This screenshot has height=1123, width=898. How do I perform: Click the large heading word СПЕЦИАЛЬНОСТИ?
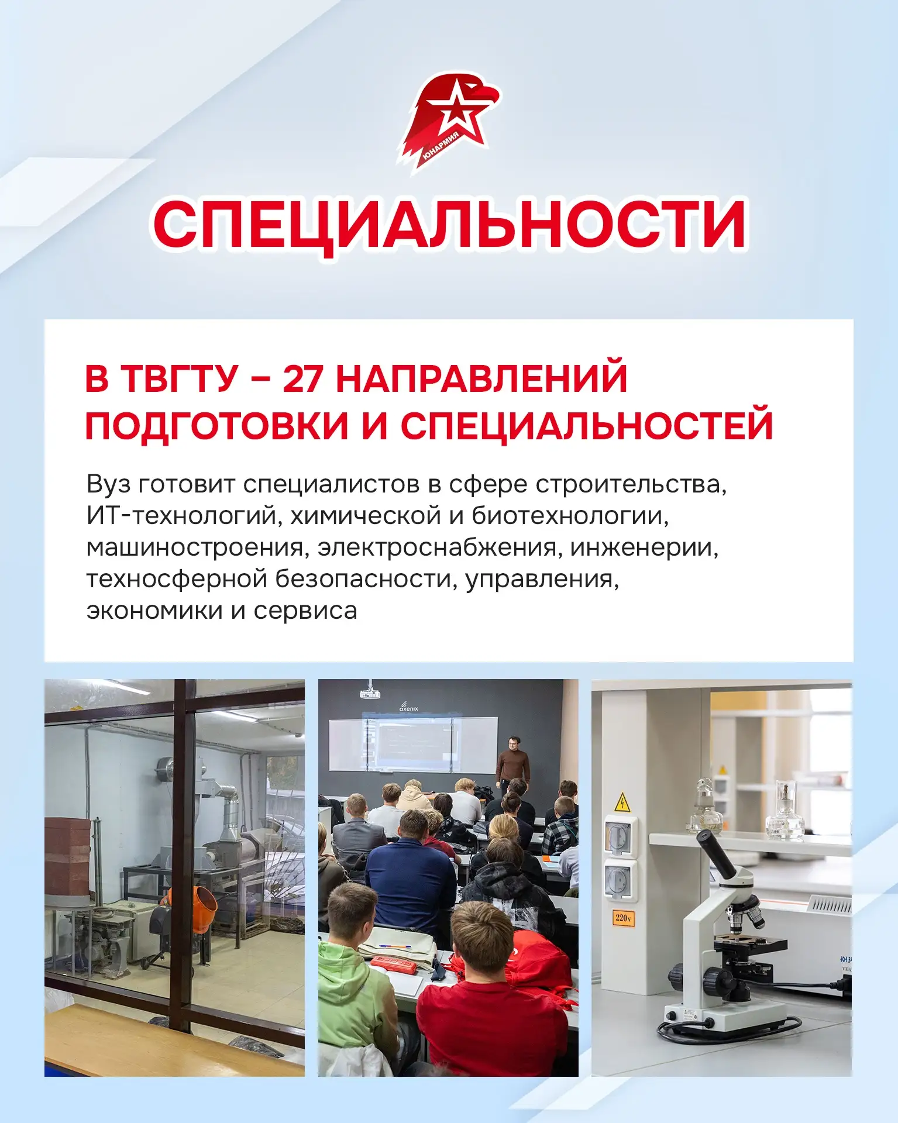click(449, 225)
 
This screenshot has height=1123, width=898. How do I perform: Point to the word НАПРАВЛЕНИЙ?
click(481, 378)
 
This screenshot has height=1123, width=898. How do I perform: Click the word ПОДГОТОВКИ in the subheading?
click(217, 425)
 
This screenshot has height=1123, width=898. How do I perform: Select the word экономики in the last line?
click(154, 611)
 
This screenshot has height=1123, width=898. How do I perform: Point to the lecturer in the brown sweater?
click(513, 763)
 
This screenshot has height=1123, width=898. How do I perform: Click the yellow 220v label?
click(623, 918)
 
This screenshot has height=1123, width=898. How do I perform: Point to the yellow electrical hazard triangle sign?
click(622, 802)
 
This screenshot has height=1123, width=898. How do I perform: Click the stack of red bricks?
click(69, 853)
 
